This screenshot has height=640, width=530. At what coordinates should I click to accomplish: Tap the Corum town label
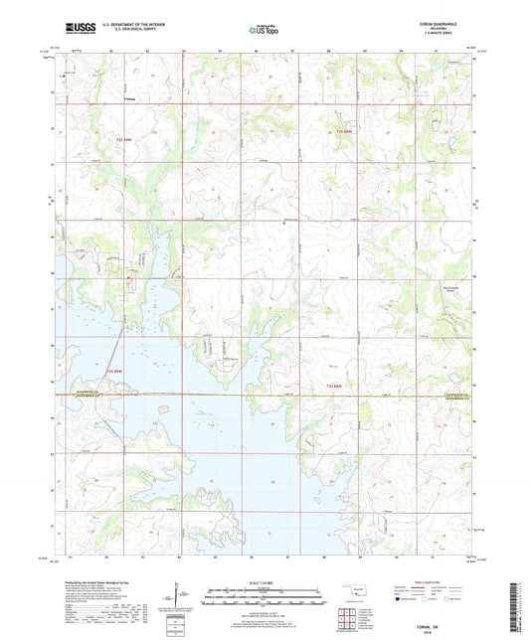(x=130, y=99)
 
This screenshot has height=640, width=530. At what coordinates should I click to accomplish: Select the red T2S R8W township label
(x=342, y=132)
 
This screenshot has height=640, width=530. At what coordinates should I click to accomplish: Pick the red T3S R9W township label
(x=113, y=371)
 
